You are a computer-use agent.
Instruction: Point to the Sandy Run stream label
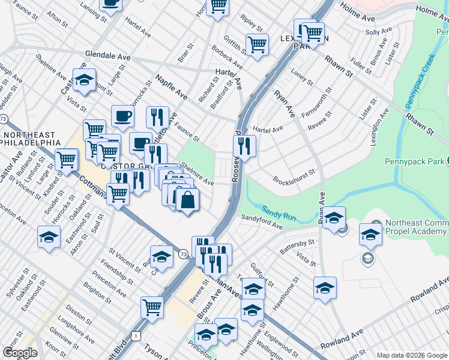tap(277, 211)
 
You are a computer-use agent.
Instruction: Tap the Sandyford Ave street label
tap(262, 222)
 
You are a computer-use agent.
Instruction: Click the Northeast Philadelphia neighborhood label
tap(30, 139)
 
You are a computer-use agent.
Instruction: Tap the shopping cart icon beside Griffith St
tap(257, 44)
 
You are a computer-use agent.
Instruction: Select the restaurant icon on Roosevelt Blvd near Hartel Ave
tap(245, 145)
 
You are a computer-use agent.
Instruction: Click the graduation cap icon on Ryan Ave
tap(333, 217)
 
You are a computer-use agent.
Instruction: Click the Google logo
tap(20, 353)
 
